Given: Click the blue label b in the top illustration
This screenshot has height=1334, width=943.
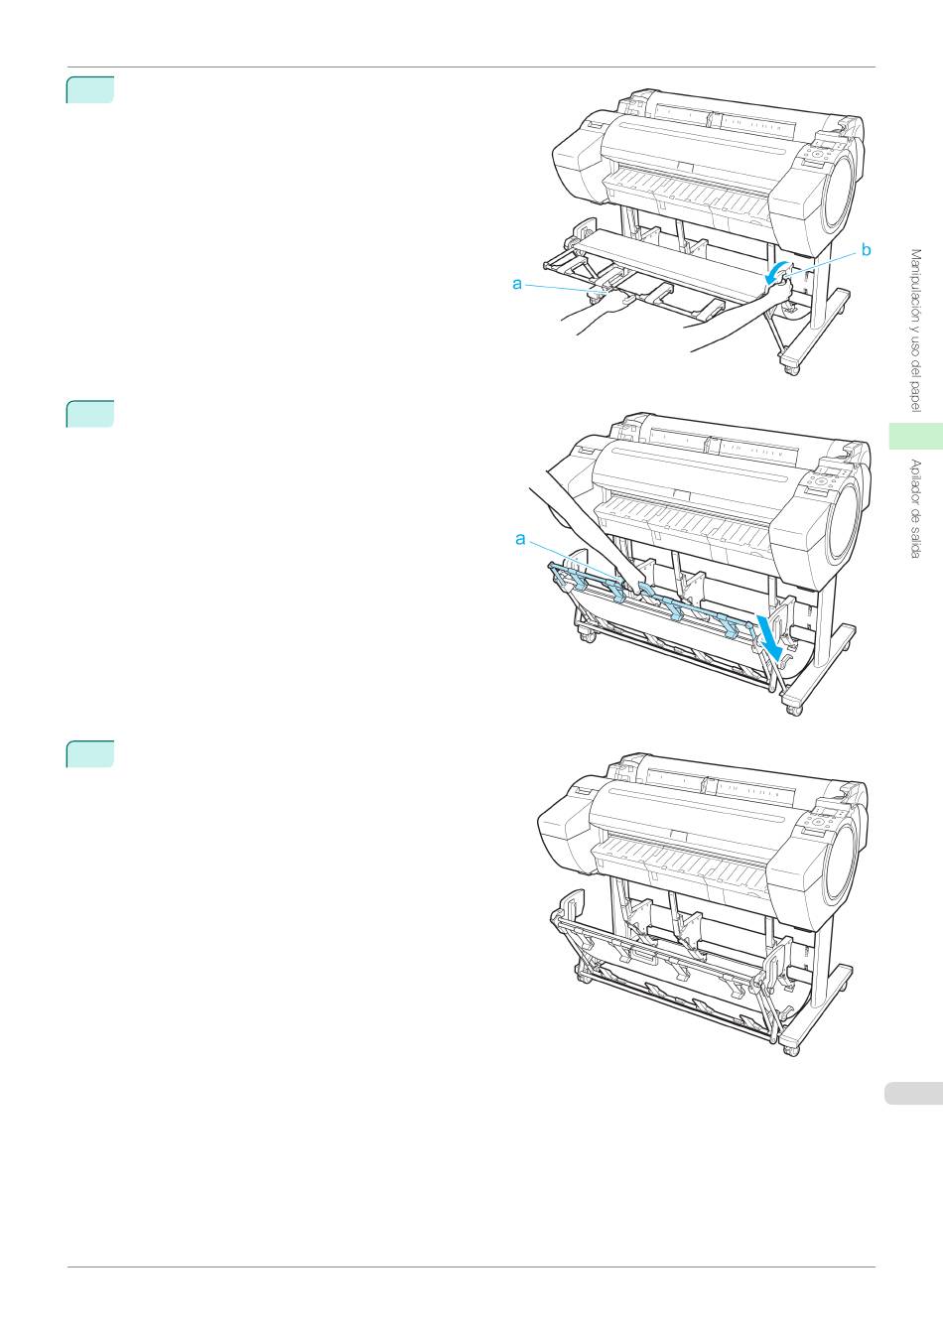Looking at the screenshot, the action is point(866,250).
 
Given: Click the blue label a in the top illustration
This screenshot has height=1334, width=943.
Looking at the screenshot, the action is point(517,284).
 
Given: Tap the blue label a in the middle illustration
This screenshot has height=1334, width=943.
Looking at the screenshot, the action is point(521,540).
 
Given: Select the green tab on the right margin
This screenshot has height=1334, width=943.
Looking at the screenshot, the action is point(915,436).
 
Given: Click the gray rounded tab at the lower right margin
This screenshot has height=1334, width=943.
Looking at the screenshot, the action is point(913,1094).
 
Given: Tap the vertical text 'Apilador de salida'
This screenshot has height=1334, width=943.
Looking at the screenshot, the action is point(916,508).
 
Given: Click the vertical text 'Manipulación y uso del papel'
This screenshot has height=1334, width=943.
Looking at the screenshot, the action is point(916,331).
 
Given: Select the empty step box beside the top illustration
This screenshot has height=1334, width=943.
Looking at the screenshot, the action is point(90,90).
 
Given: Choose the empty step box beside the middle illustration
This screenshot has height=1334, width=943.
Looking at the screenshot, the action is point(90,415).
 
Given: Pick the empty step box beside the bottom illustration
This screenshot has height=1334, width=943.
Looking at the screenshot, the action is point(90,754).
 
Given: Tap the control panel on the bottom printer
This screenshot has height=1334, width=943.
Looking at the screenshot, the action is point(823,818).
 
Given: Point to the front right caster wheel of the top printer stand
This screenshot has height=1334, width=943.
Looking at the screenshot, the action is point(792,369).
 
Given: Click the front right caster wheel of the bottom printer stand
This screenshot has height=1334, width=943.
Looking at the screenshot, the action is point(792,1051).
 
